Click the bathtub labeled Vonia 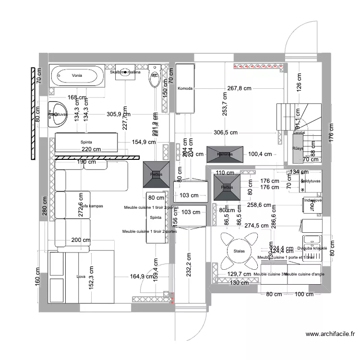(77, 76)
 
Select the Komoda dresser (185, 89)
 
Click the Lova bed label (81, 276)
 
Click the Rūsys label (298, 149)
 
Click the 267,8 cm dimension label (240, 88)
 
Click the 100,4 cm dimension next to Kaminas (260, 154)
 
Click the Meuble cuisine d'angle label (304, 274)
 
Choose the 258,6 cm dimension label (259, 205)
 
